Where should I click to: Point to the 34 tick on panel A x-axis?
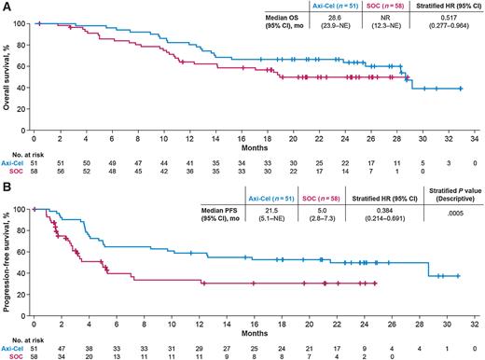(x=475, y=132)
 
